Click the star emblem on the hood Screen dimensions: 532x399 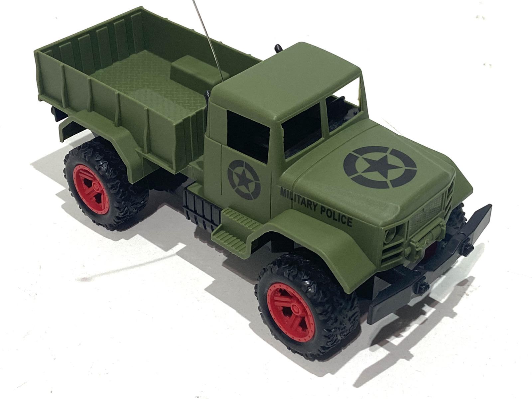pyautogui.click(x=380, y=167)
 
